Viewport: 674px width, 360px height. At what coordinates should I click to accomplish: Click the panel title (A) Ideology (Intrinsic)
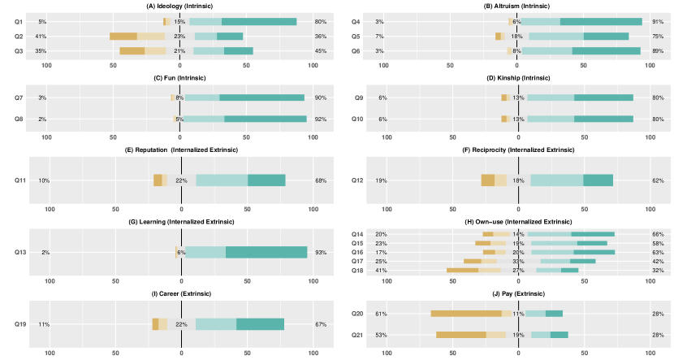point(179,7)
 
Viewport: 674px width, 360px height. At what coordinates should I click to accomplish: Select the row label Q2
point(19,37)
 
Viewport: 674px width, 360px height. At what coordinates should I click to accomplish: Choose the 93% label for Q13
point(321,253)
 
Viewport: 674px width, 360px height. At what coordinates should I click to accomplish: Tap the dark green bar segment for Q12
point(598,180)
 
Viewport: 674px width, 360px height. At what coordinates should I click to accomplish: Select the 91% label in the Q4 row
point(658,22)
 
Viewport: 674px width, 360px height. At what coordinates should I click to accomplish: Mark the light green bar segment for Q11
point(222,180)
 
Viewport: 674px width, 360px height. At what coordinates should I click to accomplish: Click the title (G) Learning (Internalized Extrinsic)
point(179,221)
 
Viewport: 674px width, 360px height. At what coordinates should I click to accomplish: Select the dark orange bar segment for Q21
point(461,334)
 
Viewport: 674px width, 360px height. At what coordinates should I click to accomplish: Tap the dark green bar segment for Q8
point(266,119)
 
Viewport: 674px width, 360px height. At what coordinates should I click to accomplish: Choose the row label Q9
point(357,98)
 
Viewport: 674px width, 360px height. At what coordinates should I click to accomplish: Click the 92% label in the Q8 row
point(321,119)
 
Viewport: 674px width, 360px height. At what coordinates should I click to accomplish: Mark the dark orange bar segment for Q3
point(132,51)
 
